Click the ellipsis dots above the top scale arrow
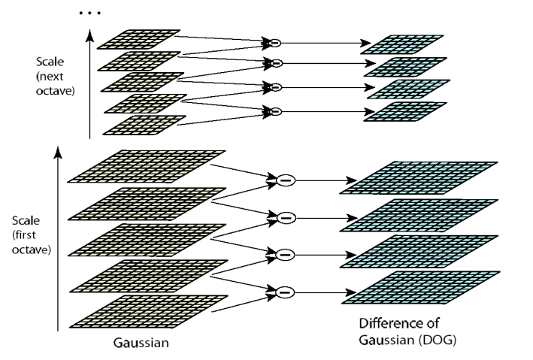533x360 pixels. pyautogui.click(x=89, y=13)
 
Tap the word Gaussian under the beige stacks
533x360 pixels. pyautogui.click(x=141, y=343)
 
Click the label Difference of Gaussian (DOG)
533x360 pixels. pyautogui.click(x=407, y=331)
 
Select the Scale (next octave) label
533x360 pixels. pyautogui.click(x=55, y=76)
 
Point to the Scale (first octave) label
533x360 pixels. pyautogui.click(x=32, y=235)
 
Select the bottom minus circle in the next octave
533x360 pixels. pyautogui.click(x=276, y=111)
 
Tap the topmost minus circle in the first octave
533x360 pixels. pyautogui.click(x=286, y=180)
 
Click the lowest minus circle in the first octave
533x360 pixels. pyautogui.click(x=285, y=292)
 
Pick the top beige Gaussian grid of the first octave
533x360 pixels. pyautogui.click(x=147, y=167)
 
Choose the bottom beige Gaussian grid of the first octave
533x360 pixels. pyautogui.click(x=149, y=312)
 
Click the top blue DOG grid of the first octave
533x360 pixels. pyautogui.click(x=419, y=178)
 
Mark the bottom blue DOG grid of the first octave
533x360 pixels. pyautogui.click(x=420, y=288)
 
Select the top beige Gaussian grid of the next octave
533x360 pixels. pyautogui.click(x=138, y=39)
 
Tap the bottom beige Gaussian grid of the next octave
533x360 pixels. pyautogui.click(x=144, y=126)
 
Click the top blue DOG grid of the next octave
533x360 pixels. pyautogui.click(x=401, y=44)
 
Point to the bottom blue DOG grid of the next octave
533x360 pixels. pyautogui.click(x=405, y=111)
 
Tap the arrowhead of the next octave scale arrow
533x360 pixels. pyautogui.click(x=89, y=35)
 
